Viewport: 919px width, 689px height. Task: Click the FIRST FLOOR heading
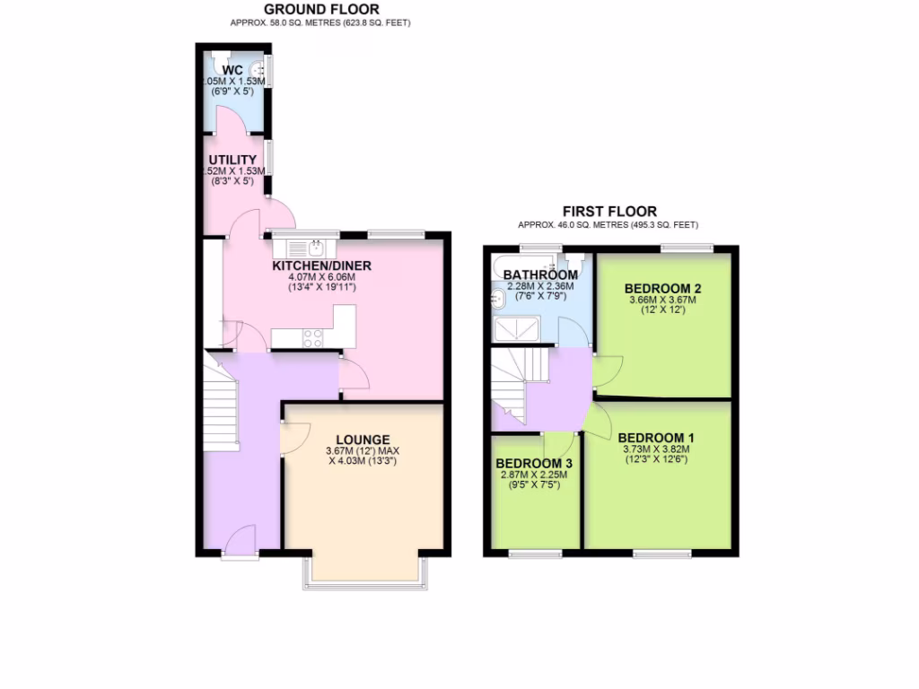point(609,212)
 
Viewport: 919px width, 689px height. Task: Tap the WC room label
point(233,70)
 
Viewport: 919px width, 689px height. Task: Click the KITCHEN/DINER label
point(321,266)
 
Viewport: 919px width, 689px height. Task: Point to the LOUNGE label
point(363,440)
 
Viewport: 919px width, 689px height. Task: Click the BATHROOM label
point(540,275)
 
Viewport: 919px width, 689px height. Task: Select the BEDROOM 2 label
point(662,288)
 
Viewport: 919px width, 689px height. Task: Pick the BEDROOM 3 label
point(534,464)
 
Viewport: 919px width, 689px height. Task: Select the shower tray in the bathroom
point(517,332)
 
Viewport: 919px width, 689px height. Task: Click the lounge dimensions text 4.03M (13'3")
point(363,461)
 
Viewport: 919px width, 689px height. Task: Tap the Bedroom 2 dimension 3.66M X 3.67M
point(662,301)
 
